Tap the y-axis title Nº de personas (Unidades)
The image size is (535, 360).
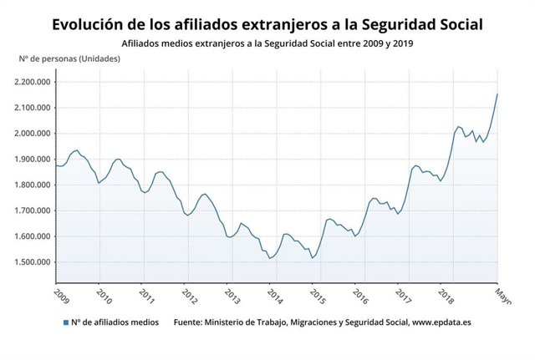(x=69, y=58)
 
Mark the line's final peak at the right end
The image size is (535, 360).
(x=497, y=94)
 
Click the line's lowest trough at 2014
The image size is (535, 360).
(x=270, y=258)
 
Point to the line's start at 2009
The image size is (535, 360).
(x=57, y=165)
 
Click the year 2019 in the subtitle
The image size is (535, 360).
(x=401, y=42)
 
